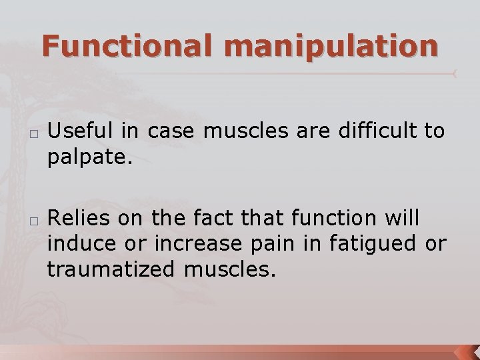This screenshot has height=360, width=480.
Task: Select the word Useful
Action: [x=82, y=132]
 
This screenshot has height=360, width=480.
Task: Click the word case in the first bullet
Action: [x=173, y=132]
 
